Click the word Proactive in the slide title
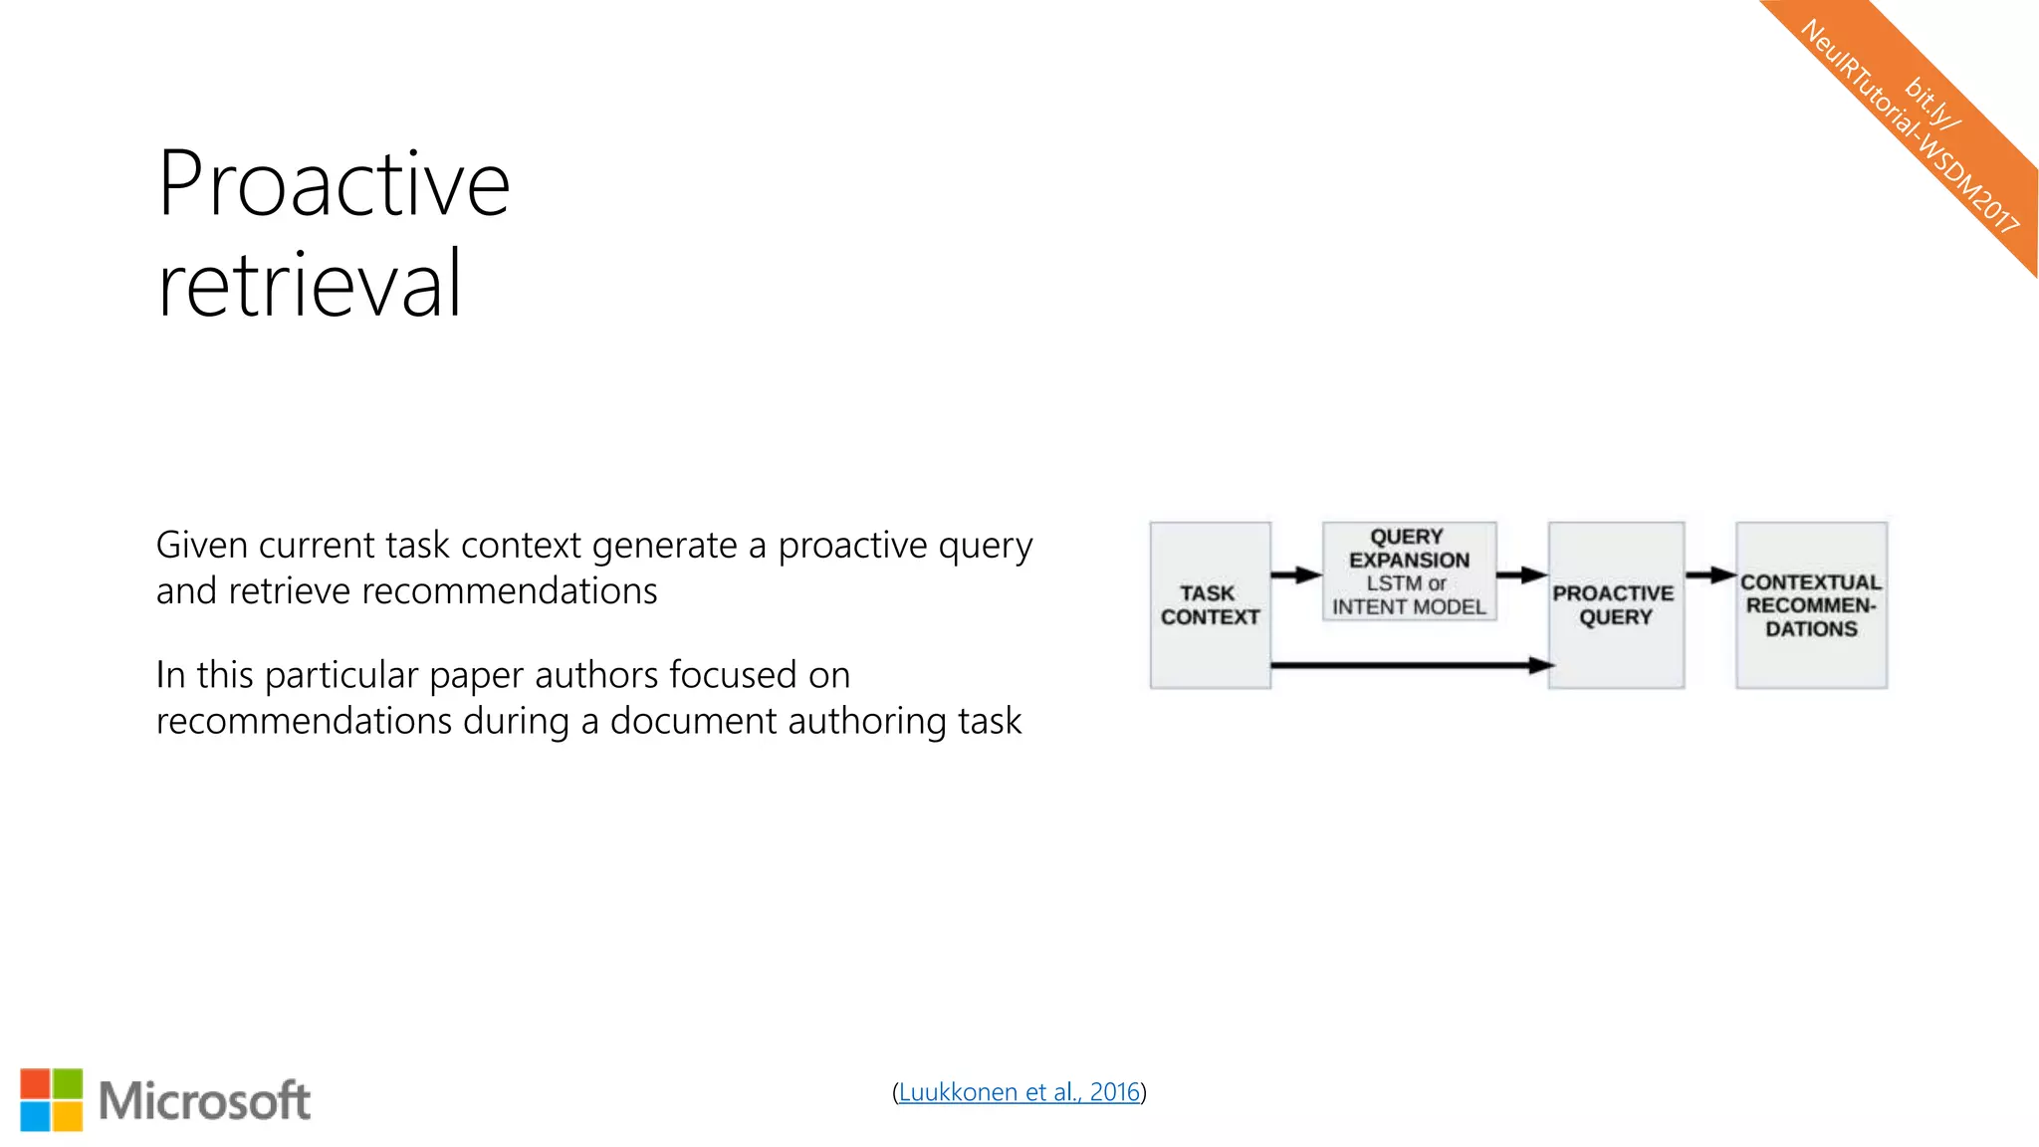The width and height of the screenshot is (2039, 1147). coord(334,184)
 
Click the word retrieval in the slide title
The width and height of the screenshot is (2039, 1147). coord(310,285)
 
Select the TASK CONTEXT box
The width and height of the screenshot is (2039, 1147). coord(1210,604)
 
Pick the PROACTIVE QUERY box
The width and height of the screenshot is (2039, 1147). coord(1615,604)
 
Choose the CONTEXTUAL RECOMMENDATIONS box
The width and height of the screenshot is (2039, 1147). coord(1811,604)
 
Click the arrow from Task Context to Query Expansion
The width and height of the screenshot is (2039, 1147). coord(1296,574)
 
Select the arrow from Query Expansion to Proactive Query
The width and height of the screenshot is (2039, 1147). coord(1521,574)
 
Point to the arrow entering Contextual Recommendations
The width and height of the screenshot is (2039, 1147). coord(1710,574)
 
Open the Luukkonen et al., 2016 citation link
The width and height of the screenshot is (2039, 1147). coord(1019,1092)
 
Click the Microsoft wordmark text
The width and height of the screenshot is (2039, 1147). coord(205,1100)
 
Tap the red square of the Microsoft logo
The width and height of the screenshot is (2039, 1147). coord(35,1083)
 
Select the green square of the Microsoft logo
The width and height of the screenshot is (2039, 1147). coord(68,1083)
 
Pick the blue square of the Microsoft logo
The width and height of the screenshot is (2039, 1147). coord(35,1116)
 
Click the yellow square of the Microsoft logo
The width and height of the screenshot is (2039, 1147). coord(68,1116)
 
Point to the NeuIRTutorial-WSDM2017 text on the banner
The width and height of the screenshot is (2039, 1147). coord(1908,128)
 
